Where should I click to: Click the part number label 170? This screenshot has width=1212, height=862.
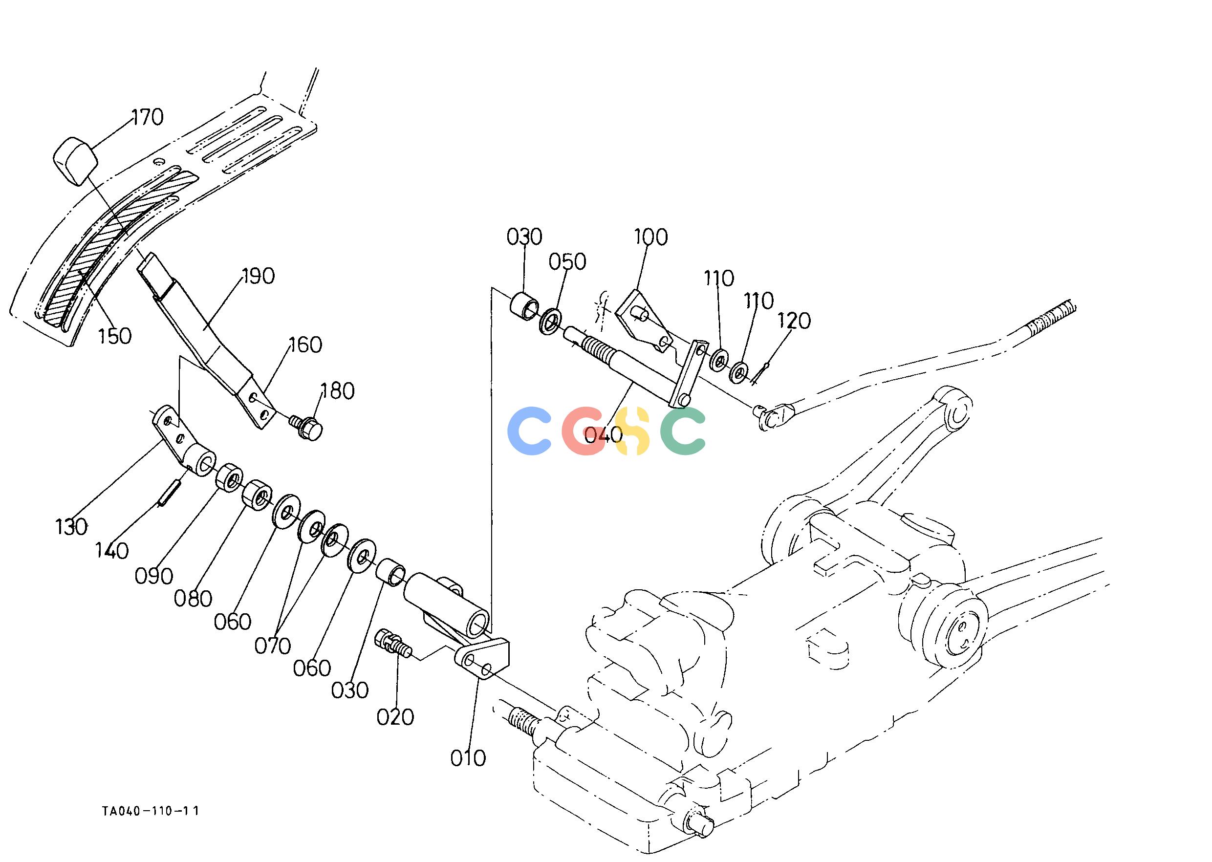pos(147,117)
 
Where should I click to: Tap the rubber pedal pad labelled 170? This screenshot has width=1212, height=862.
pos(76,160)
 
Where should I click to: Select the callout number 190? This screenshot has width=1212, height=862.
pos(258,277)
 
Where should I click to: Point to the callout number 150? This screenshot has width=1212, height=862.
pos(115,336)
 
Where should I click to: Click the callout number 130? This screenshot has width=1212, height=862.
pos(71,527)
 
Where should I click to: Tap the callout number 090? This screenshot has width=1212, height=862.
pos(153,576)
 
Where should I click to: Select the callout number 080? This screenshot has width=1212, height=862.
pos(193,599)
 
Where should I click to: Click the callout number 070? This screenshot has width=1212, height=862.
pos(272,646)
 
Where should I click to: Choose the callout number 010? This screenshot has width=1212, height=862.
pos(468,758)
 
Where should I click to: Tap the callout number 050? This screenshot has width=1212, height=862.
pos(567,262)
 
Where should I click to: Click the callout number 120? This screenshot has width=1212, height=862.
pos(794,321)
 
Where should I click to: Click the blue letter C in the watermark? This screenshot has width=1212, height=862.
pos(530,431)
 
